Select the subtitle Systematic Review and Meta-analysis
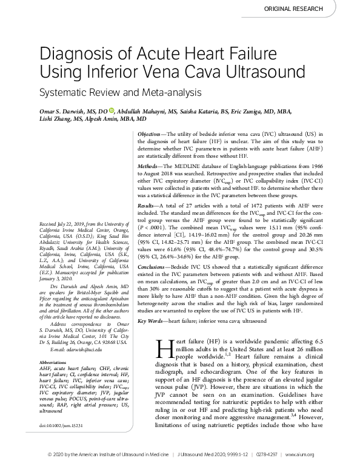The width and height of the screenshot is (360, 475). click(x=119, y=95)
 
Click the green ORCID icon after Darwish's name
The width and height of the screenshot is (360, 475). click(x=112, y=110)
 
